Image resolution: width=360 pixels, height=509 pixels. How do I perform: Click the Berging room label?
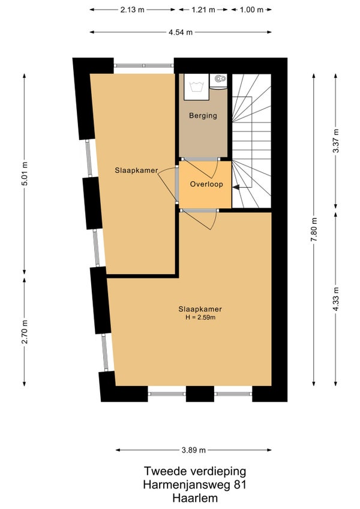click(x=203, y=116)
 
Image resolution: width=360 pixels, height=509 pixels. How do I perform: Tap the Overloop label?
click(x=206, y=184)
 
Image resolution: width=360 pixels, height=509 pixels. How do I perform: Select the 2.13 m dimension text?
click(x=132, y=10)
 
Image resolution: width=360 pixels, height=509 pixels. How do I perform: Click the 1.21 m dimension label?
click(x=203, y=10)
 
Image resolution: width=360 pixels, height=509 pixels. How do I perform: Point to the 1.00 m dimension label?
click(x=251, y=10)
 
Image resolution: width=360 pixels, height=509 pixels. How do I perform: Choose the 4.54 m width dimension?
click(x=181, y=32)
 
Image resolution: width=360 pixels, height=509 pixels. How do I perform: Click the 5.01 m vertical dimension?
click(x=25, y=173)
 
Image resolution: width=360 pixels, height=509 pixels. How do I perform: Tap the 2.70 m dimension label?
click(x=25, y=332)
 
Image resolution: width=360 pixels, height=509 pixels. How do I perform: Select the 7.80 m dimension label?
click(x=314, y=229)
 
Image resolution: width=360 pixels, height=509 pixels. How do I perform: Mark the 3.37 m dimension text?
click(x=335, y=141)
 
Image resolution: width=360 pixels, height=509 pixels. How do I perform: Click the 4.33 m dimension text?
click(x=335, y=299)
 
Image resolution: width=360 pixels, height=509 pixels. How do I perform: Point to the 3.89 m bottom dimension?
click(x=193, y=450)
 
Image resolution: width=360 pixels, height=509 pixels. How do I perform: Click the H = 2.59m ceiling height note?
click(x=200, y=317)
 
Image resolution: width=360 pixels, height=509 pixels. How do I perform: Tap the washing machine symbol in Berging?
click(x=197, y=87)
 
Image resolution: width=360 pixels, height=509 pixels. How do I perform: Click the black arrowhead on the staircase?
click(x=236, y=187)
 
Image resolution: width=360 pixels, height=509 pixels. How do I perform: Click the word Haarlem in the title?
click(x=195, y=498)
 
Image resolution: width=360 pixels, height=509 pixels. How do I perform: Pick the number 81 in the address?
click(x=240, y=484)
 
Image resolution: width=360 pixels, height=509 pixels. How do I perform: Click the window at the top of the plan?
click(x=144, y=65)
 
